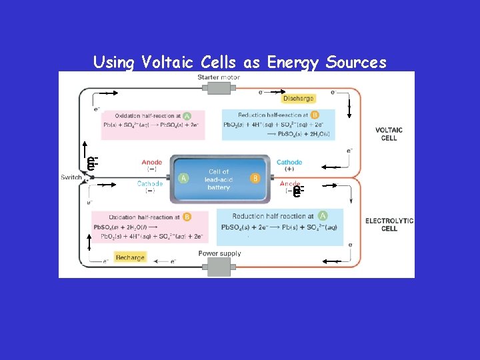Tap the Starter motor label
click(x=219, y=77)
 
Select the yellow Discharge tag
click(x=298, y=99)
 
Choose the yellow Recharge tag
click(x=130, y=257)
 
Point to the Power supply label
click(x=219, y=253)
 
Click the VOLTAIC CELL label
click(x=389, y=134)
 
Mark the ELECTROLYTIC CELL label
click(x=389, y=225)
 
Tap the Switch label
click(x=71, y=177)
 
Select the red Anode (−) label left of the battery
click(x=151, y=165)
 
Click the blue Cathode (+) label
click(x=289, y=165)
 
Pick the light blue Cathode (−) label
click(x=150, y=187)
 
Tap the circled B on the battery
click(x=255, y=178)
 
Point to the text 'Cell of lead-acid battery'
click(x=219, y=179)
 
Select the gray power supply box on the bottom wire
click(x=219, y=267)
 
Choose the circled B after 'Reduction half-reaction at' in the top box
click(x=315, y=115)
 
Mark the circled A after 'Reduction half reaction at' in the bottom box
click(x=323, y=216)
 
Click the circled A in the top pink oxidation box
click(x=187, y=115)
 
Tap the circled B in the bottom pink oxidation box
click(x=187, y=217)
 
